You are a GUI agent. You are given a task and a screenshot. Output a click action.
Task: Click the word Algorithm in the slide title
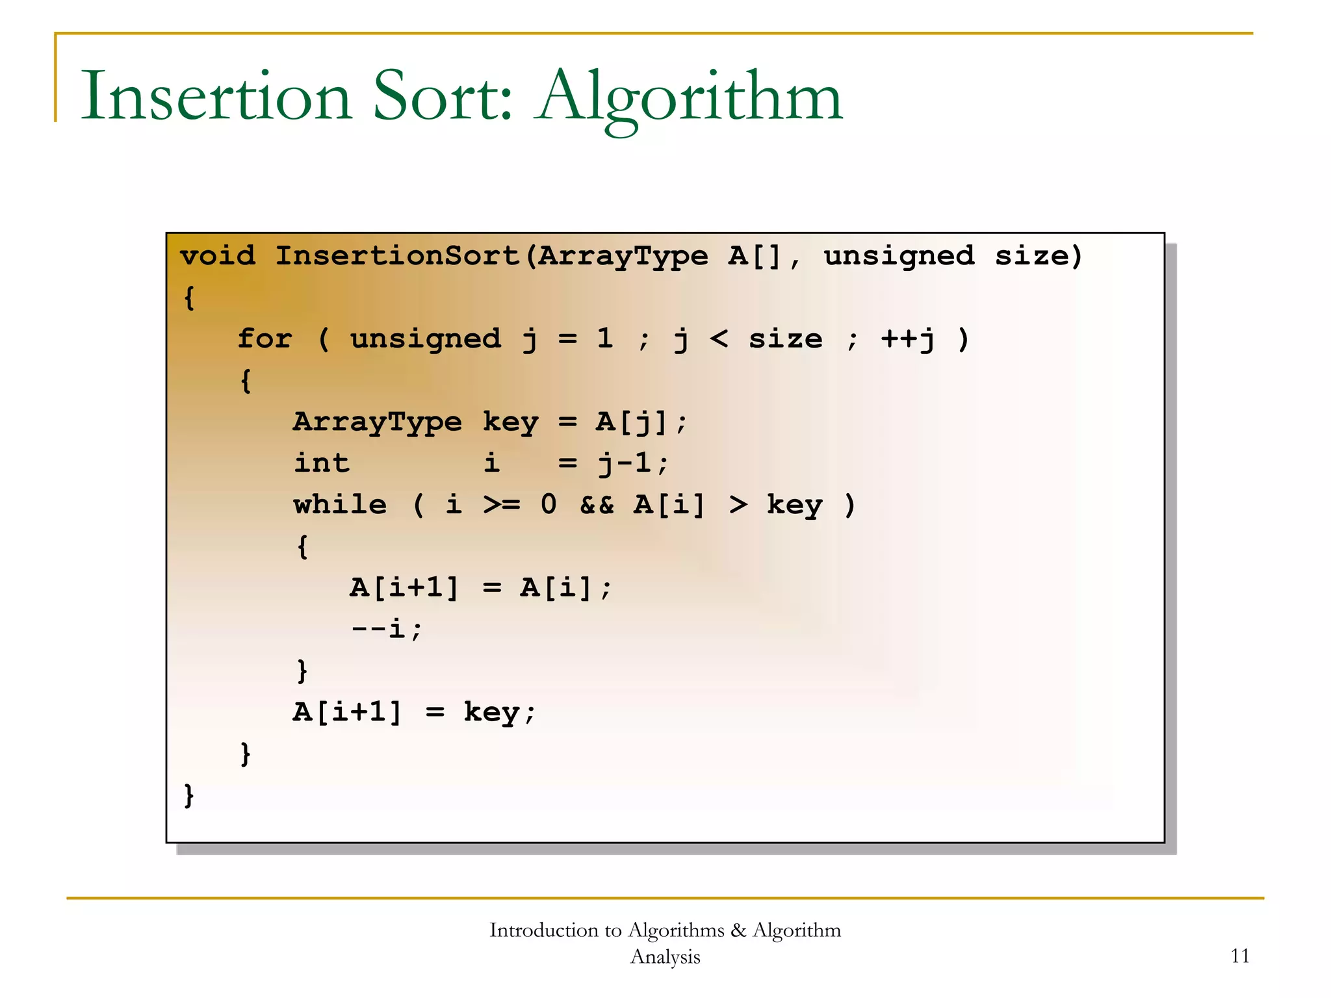click(690, 97)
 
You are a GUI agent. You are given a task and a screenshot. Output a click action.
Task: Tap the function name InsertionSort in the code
click(398, 256)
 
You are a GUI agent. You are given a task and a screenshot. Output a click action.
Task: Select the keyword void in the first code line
click(218, 256)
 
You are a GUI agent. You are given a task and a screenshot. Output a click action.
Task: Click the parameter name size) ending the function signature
click(1039, 256)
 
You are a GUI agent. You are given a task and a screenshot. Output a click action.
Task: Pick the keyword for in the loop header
click(265, 339)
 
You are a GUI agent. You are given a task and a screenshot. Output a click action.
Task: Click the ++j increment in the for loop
click(908, 339)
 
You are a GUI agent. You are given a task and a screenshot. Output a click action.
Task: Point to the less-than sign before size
click(718, 339)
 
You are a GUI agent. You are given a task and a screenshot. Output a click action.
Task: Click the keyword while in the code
click(340, 505)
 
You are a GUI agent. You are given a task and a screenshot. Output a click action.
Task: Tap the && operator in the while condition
click(597, 505)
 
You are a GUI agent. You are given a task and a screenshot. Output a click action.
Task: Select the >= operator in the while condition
click(502, 505)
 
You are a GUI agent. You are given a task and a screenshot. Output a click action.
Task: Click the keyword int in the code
click(322, 463)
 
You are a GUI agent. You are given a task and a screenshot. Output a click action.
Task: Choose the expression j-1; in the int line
click(633, 463)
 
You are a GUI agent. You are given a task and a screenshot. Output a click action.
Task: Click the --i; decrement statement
click(387, 629)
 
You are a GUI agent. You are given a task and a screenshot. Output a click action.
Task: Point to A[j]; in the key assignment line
click(641, 422)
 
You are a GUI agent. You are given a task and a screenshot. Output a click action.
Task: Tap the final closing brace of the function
click(189, 795)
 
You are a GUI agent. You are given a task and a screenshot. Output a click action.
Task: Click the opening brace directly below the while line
click(302, 546)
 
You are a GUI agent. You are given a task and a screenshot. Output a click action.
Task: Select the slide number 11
click(1240, 956)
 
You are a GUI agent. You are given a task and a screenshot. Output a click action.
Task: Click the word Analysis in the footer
click(665, 956)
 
